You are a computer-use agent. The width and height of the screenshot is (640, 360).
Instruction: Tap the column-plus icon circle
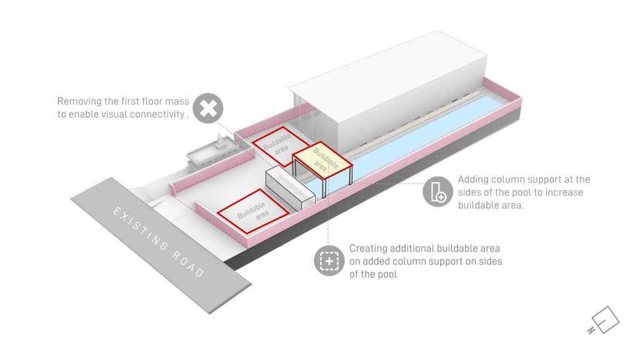(438, 191)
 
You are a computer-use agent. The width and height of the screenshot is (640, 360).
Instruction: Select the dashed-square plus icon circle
(329, 260)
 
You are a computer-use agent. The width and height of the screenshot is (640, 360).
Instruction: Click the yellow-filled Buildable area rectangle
(322, 162)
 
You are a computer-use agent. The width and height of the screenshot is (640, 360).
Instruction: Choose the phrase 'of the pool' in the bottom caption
(374, 273)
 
